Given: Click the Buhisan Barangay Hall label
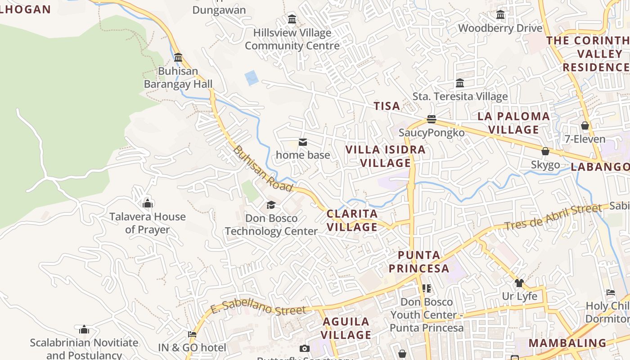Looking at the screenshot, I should tap(178, 77).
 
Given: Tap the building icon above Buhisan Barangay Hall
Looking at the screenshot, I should tap(178, 58).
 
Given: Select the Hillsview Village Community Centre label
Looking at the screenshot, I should tap(292, 39).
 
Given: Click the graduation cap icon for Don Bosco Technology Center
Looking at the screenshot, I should tap(271, 205).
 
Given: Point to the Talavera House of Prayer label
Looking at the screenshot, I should tap(148, 223).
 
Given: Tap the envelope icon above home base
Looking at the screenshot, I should tap(303, 143).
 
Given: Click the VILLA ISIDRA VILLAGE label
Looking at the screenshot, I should tap(386, 156).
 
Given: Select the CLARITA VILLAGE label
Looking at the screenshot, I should tap(352, 220).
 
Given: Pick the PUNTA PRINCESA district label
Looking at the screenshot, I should tap(419, 261).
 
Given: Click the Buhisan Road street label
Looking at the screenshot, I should tap(263, 169).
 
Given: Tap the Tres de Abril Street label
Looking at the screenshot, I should tap(552, 217).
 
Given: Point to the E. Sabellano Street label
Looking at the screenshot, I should tap(258, 309).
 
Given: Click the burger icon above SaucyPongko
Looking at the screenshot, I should tap(432, 119).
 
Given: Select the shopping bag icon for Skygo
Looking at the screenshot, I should tap(545, 151).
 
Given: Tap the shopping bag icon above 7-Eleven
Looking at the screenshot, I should tap(585, 126).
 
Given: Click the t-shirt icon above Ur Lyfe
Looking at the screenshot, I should tap(519, 283).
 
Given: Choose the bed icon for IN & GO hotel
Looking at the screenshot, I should tap(192, 334).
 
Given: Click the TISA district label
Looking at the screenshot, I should tap(387, 106).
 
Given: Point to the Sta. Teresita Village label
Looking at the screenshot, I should tap(460, 96).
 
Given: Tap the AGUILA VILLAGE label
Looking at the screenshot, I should tap(346, 328).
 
